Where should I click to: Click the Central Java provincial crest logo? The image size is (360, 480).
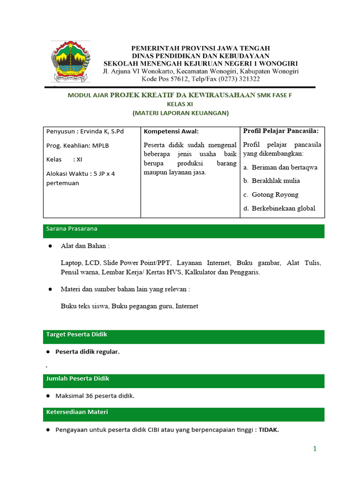(x=71, y=61)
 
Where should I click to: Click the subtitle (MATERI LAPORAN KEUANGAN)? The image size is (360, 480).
(x=180, y=112)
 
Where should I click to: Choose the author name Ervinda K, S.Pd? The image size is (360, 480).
(x=101, y=131)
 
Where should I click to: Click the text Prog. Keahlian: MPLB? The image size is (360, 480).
(x=77, y=145)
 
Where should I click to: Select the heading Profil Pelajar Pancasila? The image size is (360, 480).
(x=281, y=131)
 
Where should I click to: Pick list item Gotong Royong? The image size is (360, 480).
(x=275, y=195)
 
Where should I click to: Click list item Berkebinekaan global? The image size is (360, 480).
(x=283, y=209)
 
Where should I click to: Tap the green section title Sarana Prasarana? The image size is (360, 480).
(x=72, y=229)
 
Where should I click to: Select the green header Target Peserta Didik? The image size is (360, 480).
(x=76, y=334)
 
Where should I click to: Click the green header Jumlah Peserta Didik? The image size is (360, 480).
(x=77, y=378)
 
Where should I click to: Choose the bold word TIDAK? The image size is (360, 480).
(x=269, y=430)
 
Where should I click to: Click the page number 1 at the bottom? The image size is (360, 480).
(x=315, y=449)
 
